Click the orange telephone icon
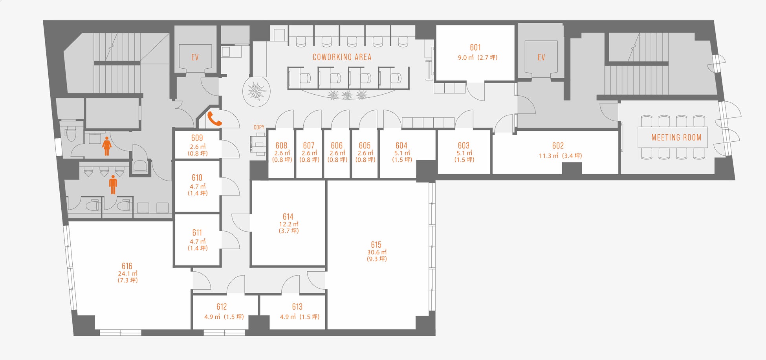(x=214, y=119)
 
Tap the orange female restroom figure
(x=107, y=146)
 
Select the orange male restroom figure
(x=113, y=185)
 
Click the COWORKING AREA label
(x=342, y=57)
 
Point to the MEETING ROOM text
(x=676, y=137)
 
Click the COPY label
(x=259, y=127)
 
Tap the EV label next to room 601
(x=541, y=57)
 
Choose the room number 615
(x=376, y=245)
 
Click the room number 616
(x=127, y=266)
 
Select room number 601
(x=475, y=48)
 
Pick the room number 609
(x=197, y=138)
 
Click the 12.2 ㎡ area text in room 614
(x=289, y=224)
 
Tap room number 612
(x=222, y=307)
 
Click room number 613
(x=297, y=307)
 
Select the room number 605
(x=365, y=145)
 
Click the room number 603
(x=464, y=145)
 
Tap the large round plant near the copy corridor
(x=257, y=91)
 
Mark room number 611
(x=197, y=232)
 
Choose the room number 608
(x=281, y=145)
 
